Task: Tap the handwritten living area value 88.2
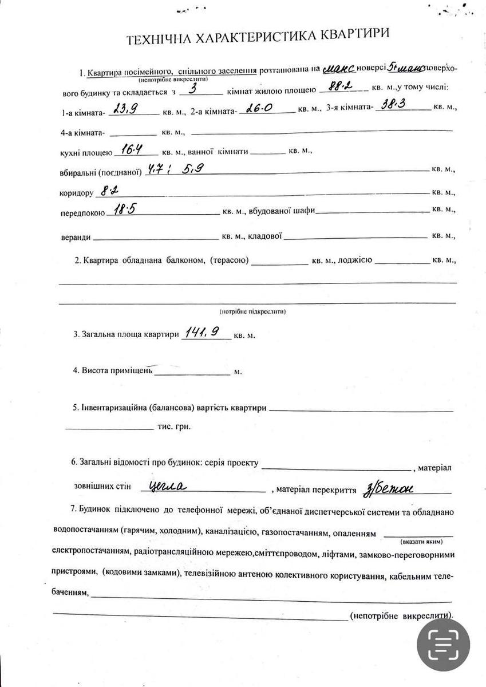click(x=338, y=88)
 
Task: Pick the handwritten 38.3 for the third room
click(x=396, y=106)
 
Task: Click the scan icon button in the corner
click(x=443, y=645)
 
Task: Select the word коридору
click(x=76, y=194)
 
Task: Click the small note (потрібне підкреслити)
click(x=252, y=311)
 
